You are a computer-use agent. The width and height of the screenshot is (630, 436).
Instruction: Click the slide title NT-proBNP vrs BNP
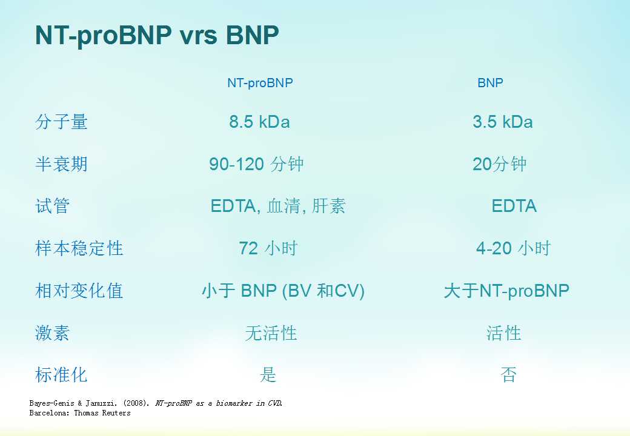coord(157,36)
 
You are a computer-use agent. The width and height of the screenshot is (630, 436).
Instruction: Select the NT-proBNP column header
coord(260,83)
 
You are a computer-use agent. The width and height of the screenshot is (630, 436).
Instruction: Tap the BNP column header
coord(490,83)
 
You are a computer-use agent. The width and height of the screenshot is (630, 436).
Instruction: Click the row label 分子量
coord(61,122)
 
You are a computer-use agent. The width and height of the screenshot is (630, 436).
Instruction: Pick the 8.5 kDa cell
coord(259,122)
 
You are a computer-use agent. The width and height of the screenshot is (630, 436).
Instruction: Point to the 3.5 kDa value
coord(503,122)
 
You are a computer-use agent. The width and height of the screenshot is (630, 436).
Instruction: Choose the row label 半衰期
coord(61,163)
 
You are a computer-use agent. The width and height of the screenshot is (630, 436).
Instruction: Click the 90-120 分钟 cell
coord(256,163)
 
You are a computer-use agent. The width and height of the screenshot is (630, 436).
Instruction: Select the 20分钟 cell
coord(499,163)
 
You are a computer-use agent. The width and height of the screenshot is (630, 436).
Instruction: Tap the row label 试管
coord(52,206)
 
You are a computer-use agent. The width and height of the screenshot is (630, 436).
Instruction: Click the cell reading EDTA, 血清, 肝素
coord(278,206)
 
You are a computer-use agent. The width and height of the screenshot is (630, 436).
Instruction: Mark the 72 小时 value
coord(268,248)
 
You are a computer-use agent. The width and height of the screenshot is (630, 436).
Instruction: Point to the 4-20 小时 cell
coord(514,248)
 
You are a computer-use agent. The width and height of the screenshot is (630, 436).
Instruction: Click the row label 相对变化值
coord(79,291)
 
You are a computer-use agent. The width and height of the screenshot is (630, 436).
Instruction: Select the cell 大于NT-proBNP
coord(506,291)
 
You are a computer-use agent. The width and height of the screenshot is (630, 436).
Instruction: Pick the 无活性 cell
coord(271,333)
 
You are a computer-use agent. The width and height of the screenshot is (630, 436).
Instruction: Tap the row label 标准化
coord(61,375)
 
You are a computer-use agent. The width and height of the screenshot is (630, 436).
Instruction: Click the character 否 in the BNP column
coord(508,375)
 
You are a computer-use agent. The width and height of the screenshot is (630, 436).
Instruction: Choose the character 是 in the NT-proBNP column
coord(268,375)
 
